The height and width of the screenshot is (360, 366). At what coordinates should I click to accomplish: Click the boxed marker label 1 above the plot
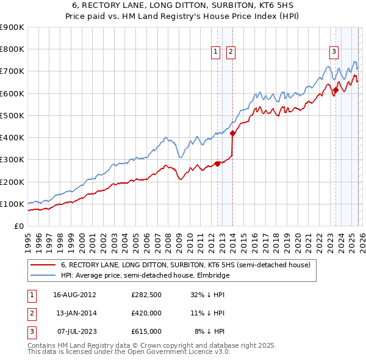[x=217, y=52]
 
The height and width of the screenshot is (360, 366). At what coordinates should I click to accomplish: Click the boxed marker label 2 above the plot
[x=231, y=52]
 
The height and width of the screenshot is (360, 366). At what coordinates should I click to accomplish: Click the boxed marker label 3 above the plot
[x=334, y=52]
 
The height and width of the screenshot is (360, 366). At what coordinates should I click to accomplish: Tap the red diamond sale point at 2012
[x=217, y=164]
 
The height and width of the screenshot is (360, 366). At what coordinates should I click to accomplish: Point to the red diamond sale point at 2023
[x=335, y=90]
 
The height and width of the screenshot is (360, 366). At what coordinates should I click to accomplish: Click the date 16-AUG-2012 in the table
[x=74, y=294]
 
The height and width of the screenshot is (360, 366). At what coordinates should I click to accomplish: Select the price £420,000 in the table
[x=146, y=313]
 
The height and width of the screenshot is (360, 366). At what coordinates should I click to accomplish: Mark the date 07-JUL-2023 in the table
[x=74, y=331]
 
